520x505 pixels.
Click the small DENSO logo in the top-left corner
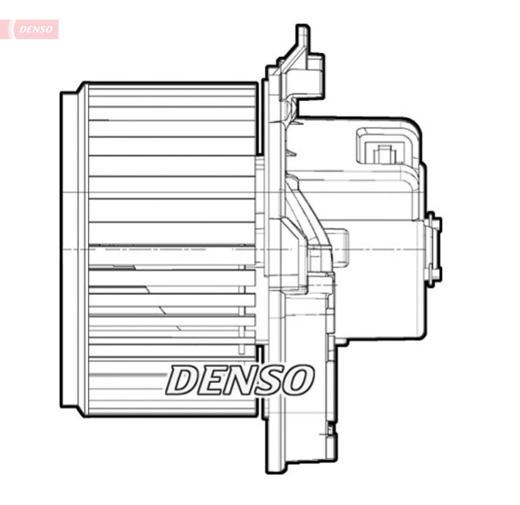35,29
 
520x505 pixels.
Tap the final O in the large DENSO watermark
298,380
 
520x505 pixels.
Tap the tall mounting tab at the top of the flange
302,42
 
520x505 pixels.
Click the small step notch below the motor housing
337,340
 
